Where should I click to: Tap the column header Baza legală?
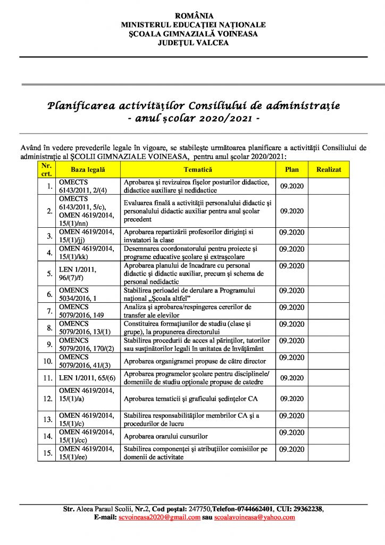coord(88,170)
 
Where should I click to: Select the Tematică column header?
coord(198,170)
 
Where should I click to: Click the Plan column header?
coord(292,170)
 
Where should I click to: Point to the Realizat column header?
coord(328,170)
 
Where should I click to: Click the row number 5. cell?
coord(48,274)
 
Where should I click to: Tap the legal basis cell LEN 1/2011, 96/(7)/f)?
coord(78,274)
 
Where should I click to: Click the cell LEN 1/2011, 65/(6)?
coord(88,378)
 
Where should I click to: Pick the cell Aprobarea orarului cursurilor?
coord(165,436)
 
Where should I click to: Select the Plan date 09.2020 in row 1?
coord(292,186)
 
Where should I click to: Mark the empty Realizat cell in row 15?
coord(328,453)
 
